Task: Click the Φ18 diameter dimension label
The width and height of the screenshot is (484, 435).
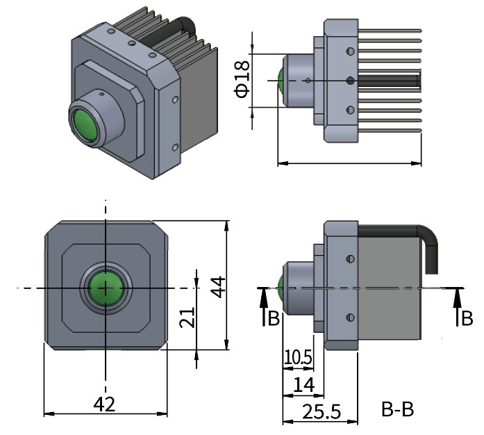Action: tap(242, 79)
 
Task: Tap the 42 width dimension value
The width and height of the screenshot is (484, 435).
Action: tap(104, 404)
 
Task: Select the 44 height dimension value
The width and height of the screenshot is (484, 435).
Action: tap(219, 287)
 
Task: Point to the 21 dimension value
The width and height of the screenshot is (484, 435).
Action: tap(187, 318)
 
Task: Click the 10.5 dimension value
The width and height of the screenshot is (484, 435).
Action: tap(298, 357)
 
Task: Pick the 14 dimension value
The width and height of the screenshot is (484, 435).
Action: tap(304, 385)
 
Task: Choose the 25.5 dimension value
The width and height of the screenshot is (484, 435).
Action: tap(322, 411)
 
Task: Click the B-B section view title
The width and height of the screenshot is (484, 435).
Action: tap(398, 409)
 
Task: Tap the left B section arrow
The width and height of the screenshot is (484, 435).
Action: tap(264, 306)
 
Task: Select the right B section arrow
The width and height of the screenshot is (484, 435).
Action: tap(458, 306)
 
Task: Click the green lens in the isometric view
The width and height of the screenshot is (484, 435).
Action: tap(84, 126)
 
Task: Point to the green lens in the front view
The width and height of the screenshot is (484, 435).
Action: tap(106, 288)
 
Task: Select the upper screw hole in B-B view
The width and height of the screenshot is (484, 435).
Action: tap(351, 259)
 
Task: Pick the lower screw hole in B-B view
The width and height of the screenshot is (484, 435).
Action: tap(351, 318)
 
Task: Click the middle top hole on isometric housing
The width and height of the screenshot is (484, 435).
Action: tap(132, 43)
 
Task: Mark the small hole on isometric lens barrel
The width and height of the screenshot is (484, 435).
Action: tap(101, 94)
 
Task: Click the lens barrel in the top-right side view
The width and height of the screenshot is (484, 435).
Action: tap(299, 81)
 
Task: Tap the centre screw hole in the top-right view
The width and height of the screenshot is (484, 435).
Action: tap(350, 81)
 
